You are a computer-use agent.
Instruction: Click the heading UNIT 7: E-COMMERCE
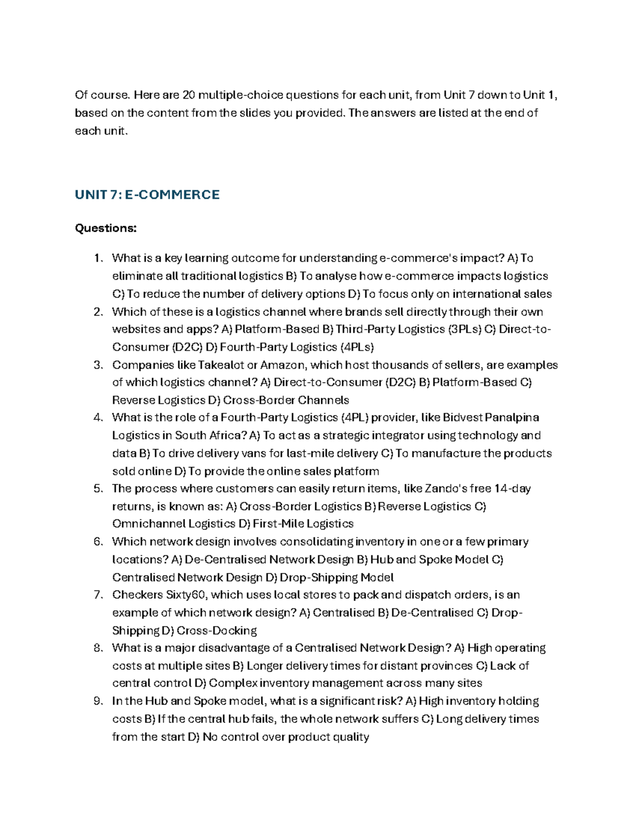147,194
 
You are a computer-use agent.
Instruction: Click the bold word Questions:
105,228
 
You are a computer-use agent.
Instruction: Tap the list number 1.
96,258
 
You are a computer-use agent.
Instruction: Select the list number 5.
97,489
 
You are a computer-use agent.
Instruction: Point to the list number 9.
97,701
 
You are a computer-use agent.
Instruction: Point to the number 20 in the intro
189,95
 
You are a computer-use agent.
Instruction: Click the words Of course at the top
101,95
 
